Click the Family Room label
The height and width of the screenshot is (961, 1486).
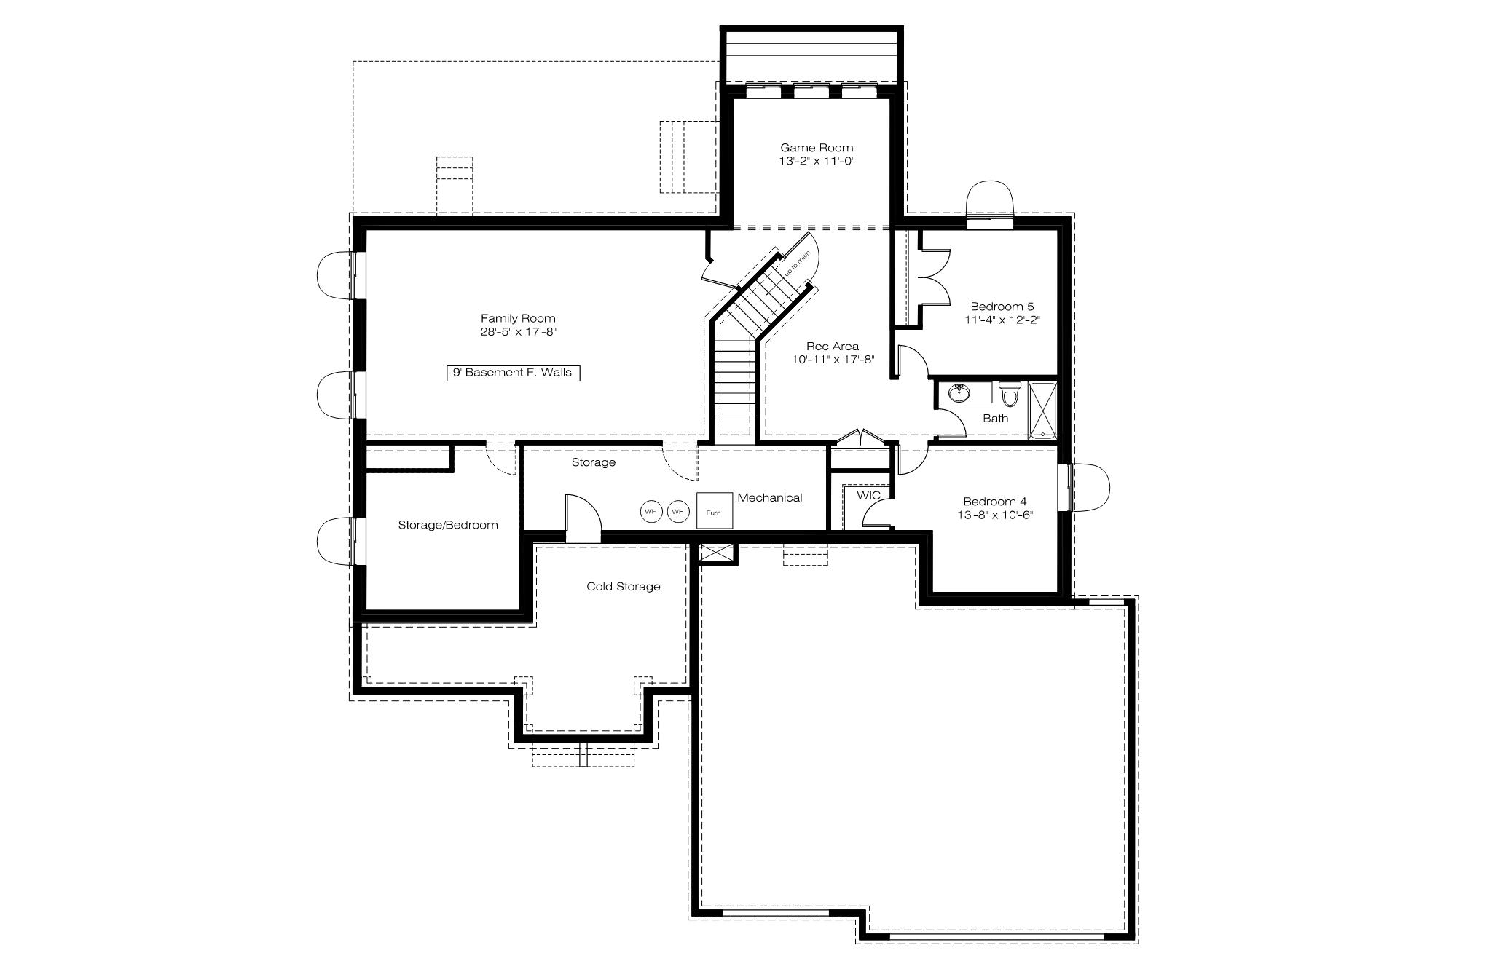[x=518, y=318]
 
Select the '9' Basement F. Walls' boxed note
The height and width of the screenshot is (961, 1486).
[x=513, y=373]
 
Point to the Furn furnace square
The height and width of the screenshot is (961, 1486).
[x=714, y=510]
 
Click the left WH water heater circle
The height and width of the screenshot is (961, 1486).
[x=651, y=511]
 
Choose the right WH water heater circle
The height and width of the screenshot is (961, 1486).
[x=678, y=511]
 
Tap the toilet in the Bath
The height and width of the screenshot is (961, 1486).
[x=1010, y=393]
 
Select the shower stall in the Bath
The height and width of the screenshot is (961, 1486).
[x=1042, y=411]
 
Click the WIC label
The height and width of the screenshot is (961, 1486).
[x=868, y=495]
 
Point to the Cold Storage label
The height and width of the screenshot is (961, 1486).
[x=624, y=586]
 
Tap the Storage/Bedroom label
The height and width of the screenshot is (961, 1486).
[x=448, y=525]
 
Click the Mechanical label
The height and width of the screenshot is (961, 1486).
[x=770, y=497]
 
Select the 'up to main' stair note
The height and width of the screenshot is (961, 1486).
[x=797, y=263]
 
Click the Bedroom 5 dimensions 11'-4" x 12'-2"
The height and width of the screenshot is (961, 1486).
[x=1002, y=320]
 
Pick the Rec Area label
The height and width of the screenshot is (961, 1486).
[x=833, y=346]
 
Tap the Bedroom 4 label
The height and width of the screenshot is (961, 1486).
[x=995, y=501]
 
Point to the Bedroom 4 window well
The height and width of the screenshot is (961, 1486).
[x=1090, y=488]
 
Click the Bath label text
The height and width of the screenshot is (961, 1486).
[x=996, y=418]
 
